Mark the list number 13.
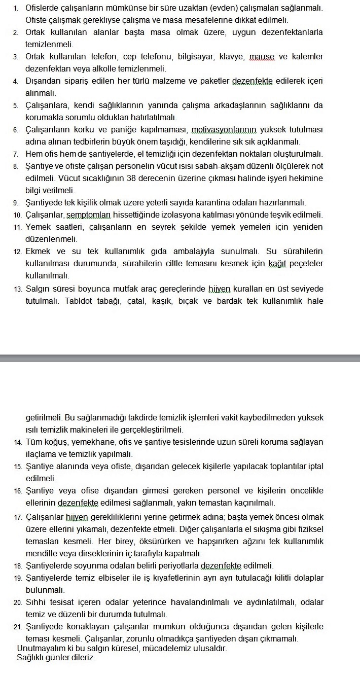point(18,290)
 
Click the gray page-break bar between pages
point(180,359)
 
